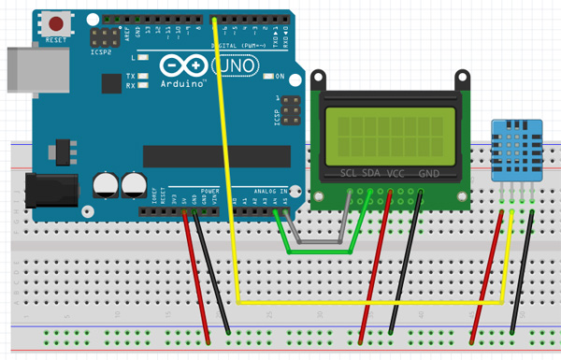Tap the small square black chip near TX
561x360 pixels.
click(x=112, y=83)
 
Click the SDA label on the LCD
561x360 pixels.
click(x=372, y=173)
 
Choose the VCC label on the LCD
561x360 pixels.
click(x=396, y=173)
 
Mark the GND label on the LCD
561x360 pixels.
click(x=428, y=173)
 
